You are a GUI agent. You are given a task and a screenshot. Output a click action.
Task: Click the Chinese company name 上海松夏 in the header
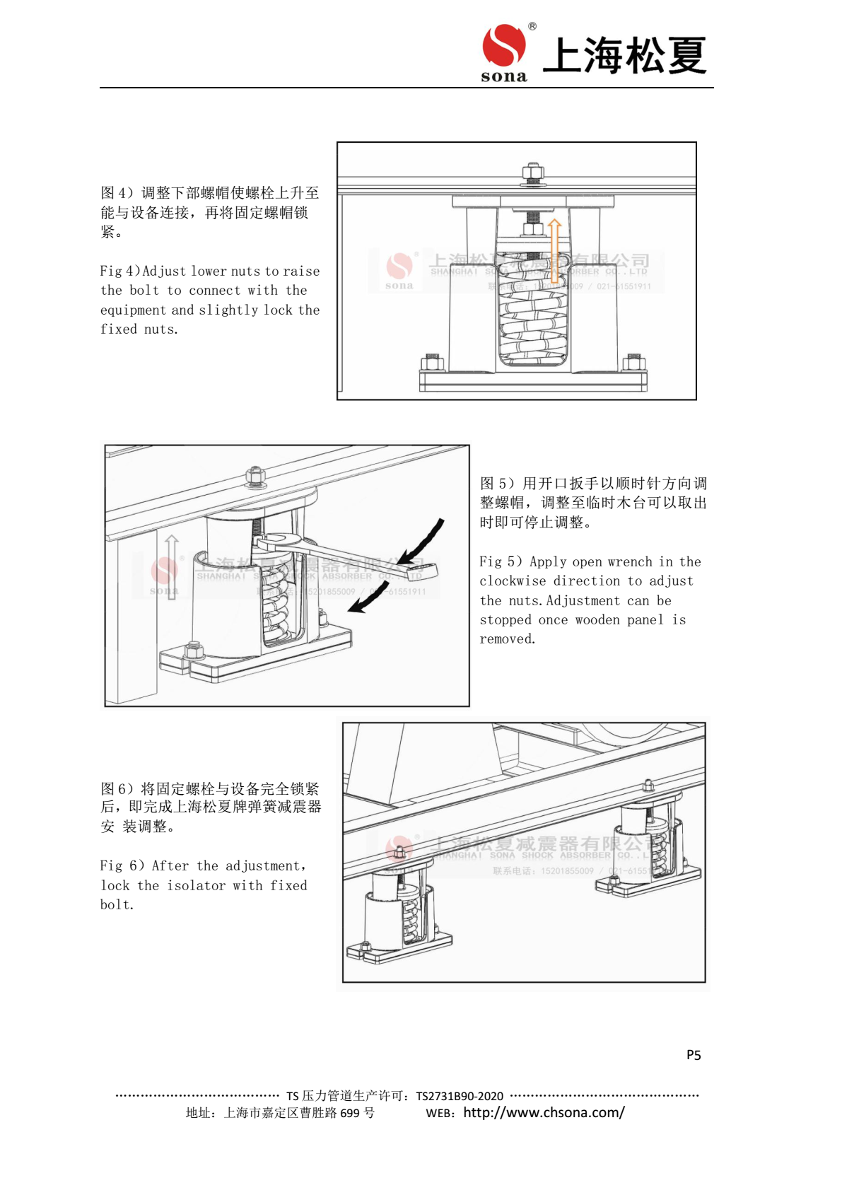(624, 56)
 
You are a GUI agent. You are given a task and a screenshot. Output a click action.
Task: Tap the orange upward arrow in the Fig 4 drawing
(555, 251)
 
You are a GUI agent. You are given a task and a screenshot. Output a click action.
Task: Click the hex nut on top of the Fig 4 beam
(532, 172)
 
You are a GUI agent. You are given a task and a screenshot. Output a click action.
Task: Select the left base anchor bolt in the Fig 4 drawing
(431, 363)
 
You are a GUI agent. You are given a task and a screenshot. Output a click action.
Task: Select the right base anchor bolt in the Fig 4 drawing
(633, 363)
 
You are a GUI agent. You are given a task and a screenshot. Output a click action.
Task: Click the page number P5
(694, 1055)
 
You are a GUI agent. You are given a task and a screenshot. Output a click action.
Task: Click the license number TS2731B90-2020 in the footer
(460, 1096)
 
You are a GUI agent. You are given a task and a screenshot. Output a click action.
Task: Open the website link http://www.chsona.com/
(544, 1112)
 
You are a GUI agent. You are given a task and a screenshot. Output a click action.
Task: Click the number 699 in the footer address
(350, 1113)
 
